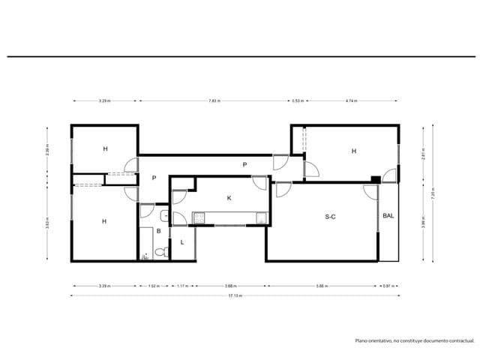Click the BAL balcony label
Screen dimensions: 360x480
[x=388, y=216]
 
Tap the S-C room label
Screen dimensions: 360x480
[x=330, y=217]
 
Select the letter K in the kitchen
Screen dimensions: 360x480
[x=229, y=198]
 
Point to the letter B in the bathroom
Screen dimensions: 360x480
[x=158, y=231]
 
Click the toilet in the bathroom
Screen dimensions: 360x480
[x=145, y=256]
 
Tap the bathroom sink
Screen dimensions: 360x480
[x=163, y=217]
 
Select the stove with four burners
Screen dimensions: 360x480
[x=199, y=218]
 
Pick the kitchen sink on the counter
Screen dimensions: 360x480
[x=262, y=218]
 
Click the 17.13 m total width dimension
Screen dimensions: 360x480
[x=235, y=295]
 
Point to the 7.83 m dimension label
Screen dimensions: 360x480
[x=214, y=100]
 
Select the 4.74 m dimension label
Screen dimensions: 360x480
[x=351, y=100]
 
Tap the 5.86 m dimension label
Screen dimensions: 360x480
[x=322, y=286]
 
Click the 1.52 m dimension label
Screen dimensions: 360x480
[x=154, y=286]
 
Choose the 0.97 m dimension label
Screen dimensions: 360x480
[x=387, y=286]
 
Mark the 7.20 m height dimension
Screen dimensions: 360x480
[x=433, y=193]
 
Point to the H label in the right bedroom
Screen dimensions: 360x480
[x=353, y=151]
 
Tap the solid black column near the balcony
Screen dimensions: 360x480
[x=375, y=178]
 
